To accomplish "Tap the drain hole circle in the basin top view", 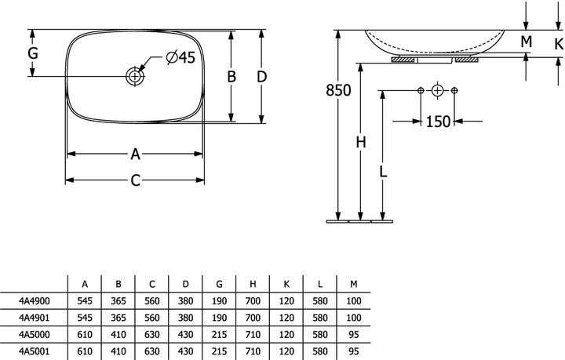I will [x=135, y=77].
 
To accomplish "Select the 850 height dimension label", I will [x=338, y=90].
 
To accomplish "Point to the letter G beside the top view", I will [x=32, y=53].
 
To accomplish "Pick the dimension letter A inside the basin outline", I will [x=135, y=154].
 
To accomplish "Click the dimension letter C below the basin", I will [x=135, y=180].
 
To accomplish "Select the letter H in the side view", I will [x=360, y=142].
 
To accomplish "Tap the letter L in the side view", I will [x=382, y=170].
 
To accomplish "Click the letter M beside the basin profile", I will [x=526, y=41].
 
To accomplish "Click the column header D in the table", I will [x=184, y=282].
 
